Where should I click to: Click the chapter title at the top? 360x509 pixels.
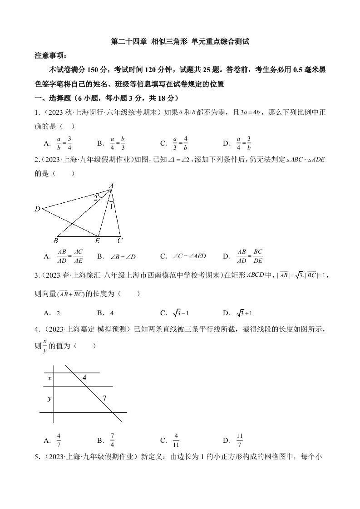[180, 42]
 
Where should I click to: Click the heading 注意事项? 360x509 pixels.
[50, 56]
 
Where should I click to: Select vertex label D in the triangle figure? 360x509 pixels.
[37, 209]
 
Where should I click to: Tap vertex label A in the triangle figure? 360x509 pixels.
[111, 186]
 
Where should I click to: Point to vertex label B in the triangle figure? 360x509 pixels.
[55, 240]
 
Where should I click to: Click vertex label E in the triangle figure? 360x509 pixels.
[97, 241]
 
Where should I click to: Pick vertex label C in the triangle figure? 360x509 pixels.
[119, 240]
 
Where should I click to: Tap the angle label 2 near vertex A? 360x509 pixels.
[96, 198]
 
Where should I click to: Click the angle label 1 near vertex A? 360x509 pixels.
[110, 206]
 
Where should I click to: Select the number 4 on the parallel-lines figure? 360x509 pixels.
[84, 377]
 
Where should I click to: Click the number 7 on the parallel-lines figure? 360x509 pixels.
[104, 398]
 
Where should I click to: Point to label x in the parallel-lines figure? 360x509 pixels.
[49, 378]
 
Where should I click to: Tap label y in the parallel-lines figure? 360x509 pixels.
[49, 399]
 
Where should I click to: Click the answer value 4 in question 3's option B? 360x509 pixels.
[112, 313]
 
